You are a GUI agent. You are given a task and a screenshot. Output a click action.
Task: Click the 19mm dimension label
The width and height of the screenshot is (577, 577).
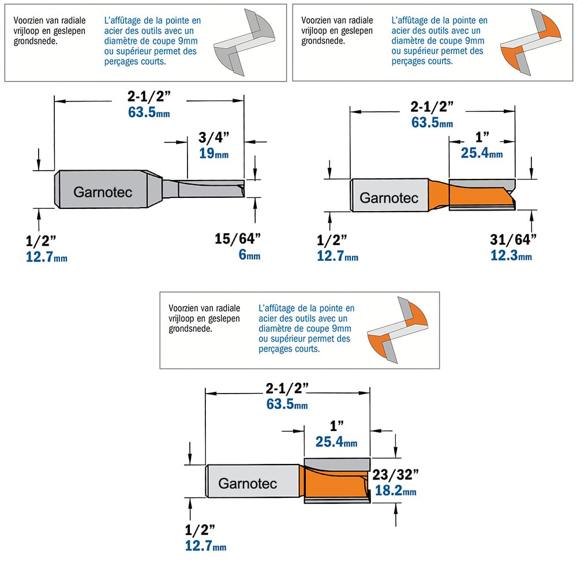(214, 153)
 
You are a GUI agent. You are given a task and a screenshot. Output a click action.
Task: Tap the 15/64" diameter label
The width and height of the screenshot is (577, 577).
(238, 239)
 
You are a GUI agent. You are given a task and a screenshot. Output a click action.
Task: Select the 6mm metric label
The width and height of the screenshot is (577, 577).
(249, 254)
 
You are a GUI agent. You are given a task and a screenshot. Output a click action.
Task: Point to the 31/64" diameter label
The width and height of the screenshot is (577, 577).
(513, 239)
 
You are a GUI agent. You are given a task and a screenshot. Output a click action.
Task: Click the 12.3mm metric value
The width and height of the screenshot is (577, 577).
(511, 256)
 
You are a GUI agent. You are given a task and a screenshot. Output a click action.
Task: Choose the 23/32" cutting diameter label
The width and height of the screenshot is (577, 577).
(395, 475)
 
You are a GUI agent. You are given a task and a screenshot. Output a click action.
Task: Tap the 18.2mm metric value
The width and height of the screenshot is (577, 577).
(396, 490)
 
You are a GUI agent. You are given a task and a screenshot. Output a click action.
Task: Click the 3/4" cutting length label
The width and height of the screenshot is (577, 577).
(214, 137)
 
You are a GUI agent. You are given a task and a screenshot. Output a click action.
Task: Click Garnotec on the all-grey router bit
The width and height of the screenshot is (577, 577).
(103, 192)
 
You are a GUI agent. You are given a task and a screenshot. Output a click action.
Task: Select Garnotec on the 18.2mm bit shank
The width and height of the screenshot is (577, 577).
(248, 484)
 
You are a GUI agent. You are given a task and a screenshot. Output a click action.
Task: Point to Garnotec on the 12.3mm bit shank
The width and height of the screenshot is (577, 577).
(389, 198)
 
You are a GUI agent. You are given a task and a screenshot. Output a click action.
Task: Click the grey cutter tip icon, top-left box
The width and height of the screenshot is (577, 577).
(244, 42)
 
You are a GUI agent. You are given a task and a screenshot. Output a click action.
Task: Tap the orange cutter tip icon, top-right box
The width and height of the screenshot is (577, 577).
(531, 42)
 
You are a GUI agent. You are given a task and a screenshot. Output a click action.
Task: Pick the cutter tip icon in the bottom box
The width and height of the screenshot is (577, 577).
(398, 330)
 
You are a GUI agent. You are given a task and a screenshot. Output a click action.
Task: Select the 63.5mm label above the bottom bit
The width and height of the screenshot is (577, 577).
(287, 404)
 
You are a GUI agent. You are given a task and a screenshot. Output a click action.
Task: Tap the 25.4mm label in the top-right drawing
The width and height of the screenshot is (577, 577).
(482, 153)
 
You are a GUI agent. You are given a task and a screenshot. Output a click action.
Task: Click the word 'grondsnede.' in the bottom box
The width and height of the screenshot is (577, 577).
(190, 329)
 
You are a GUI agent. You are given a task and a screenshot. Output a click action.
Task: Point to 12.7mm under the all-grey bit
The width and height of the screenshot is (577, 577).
(46, 257)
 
